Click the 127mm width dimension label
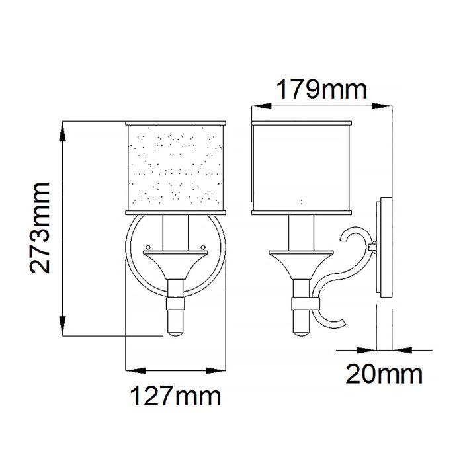coord(173,397)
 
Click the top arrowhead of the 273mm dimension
coord(64,129)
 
